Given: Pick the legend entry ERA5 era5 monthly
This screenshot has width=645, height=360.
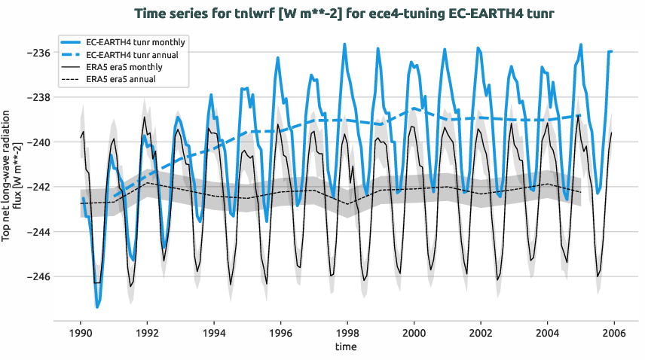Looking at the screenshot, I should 124,67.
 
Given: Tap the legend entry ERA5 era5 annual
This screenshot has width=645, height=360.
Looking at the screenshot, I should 122,79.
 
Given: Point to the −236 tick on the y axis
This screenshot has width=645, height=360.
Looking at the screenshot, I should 38,53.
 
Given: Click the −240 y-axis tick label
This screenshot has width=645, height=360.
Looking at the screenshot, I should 38,142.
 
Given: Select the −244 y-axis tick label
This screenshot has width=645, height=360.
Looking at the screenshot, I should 38,232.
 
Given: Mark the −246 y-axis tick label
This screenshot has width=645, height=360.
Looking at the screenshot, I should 38,276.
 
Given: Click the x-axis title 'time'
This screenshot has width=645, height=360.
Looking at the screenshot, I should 347,347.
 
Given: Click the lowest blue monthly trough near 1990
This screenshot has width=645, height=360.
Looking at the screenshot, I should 97,307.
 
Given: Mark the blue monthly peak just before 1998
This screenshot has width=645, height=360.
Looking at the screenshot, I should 344,44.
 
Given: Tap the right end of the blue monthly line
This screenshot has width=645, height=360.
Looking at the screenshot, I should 612,51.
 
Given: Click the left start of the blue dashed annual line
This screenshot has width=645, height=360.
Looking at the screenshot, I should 114,197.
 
